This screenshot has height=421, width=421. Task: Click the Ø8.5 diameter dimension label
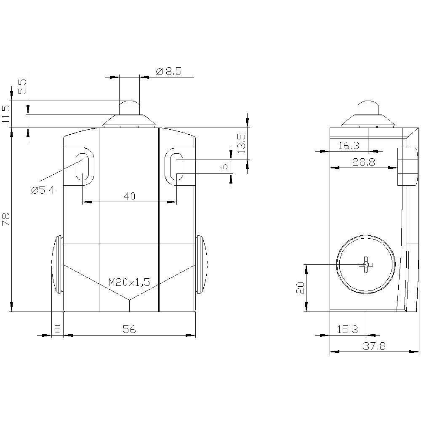click(169, 71)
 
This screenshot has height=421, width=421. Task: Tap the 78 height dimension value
click(6, 219)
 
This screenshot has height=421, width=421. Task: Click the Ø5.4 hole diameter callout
click(43, 190)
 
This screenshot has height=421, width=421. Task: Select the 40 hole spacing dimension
click(129, 196)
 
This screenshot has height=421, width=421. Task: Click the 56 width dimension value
click(129, 330)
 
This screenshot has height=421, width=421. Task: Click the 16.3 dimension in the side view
click(349, 146)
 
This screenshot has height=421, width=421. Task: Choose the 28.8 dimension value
click(364, 163)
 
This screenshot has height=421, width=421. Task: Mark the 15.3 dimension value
click(347, 330)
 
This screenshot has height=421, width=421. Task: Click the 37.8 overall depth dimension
click(374, 346)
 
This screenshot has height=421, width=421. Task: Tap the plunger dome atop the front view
click(129, 104)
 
